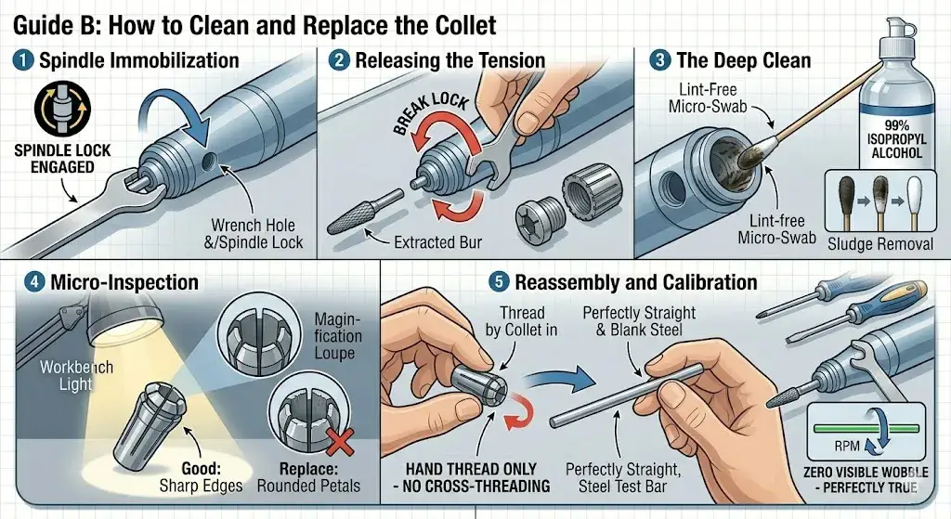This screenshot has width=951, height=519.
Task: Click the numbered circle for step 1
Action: coord(22,62)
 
